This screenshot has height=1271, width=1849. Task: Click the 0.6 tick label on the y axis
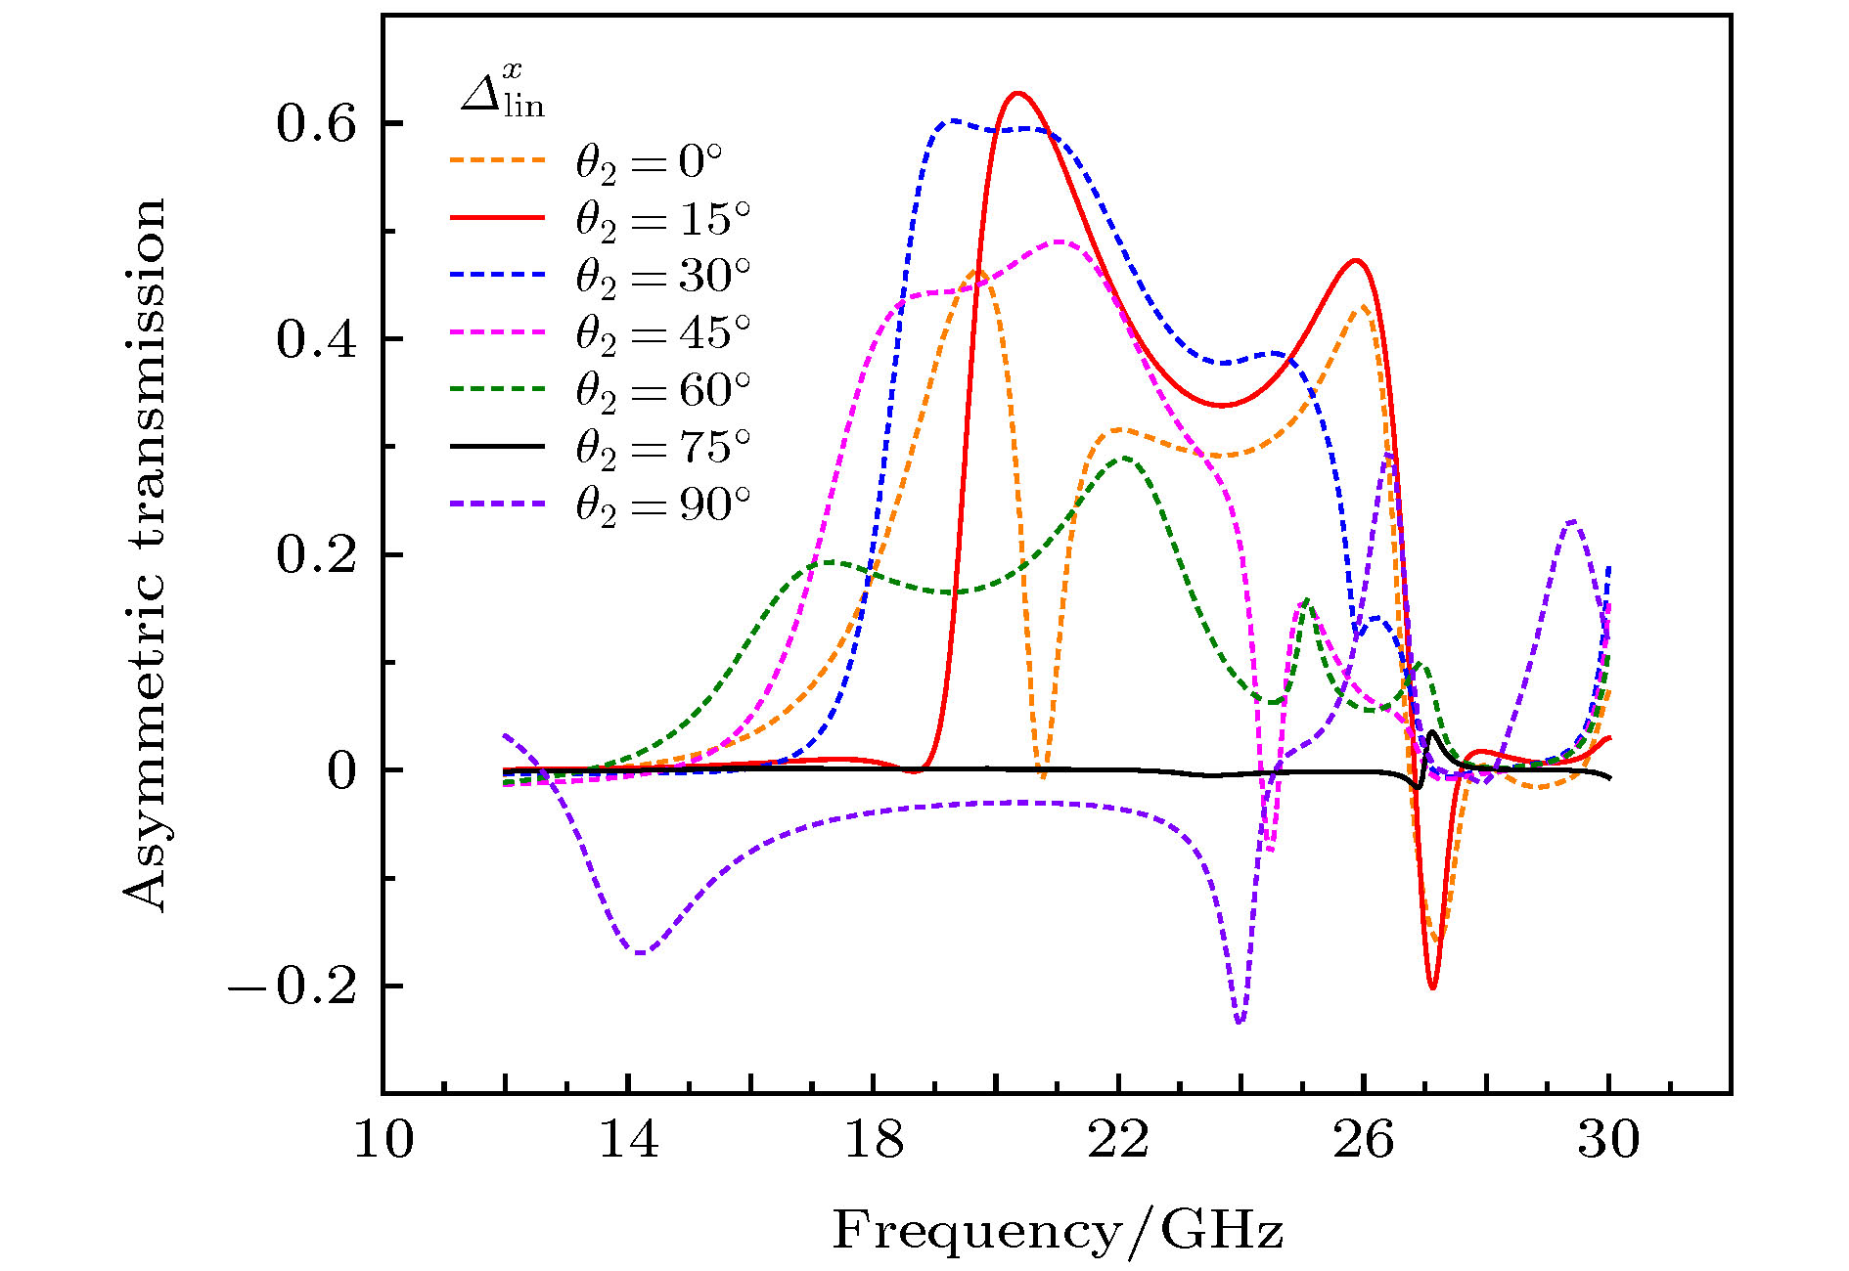pos(315,124)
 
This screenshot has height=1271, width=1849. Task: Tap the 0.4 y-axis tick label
pos(315,339)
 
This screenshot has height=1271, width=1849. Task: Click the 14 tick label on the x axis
pos(628,1140)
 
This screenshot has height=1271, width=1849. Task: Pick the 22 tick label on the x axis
pos(1118,1140)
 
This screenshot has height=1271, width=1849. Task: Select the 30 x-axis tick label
pos(1608,1140)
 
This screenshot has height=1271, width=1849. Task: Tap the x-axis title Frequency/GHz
pos(1058,1229)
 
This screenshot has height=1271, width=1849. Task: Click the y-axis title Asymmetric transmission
pos(145,554)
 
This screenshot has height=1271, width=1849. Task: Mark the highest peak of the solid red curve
pos(1017,94)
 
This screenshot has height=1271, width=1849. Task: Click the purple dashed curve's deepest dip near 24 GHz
pos(1240,1023)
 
